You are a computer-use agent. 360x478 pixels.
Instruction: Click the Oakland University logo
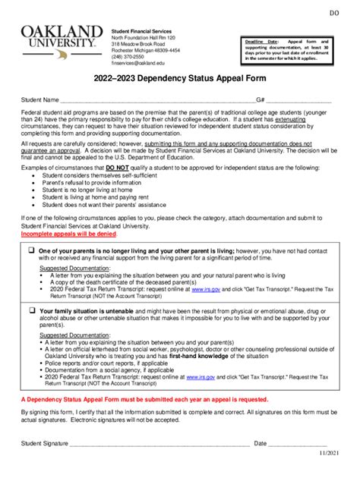click(62, 36)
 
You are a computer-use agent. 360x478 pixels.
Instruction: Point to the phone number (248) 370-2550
click(129, 57)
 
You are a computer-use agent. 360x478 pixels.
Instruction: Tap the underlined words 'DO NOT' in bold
click(117, 166)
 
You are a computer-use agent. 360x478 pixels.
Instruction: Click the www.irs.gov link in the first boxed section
click(205, 289)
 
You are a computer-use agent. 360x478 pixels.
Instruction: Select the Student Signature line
click(159, 443)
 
